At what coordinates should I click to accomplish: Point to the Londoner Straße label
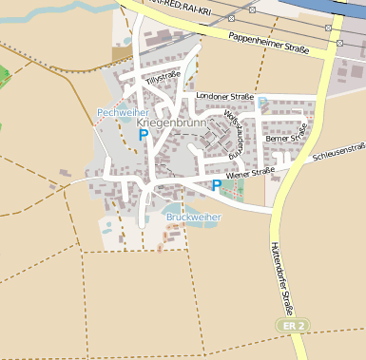pos(223,96)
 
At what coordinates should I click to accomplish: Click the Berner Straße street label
pos(287,137)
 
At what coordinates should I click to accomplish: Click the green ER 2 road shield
pos(294,325)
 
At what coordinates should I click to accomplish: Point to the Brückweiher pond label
pos(193,217)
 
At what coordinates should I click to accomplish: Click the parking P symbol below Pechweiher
pos(143,135)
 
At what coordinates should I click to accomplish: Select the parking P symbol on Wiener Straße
pos(217,185)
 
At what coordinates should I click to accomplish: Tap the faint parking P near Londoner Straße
pos(263,102)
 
